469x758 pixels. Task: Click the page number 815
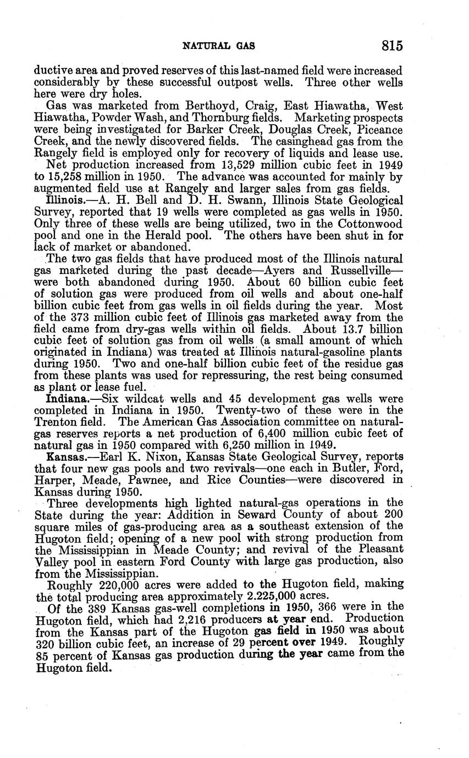393,46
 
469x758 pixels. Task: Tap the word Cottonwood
371,224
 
